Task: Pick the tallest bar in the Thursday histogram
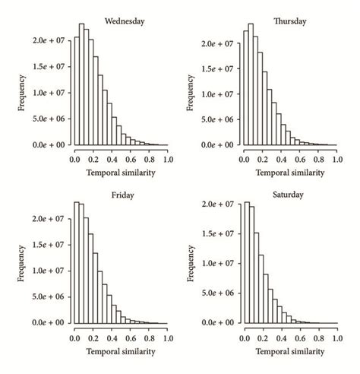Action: click(x=251, y=84)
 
